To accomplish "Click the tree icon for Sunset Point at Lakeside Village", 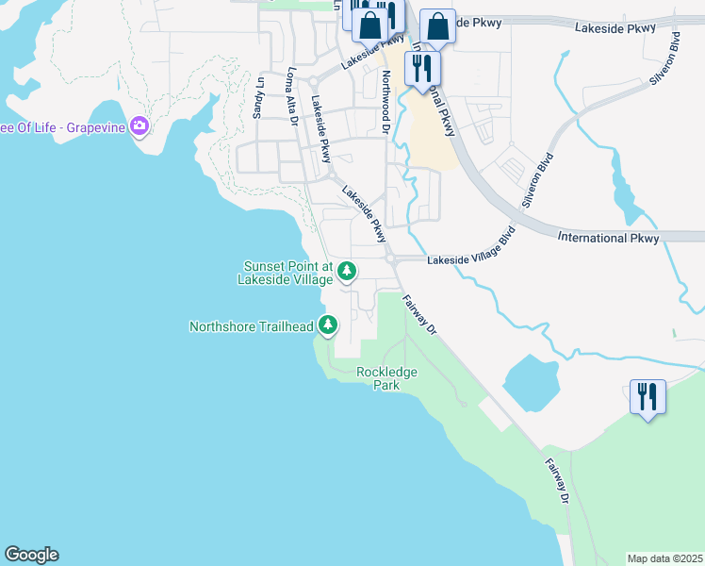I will [x=347, y=272].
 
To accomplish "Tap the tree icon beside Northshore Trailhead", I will [x=328, y=326].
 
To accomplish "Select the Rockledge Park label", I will [x=386, y=378].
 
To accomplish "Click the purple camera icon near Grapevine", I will [x=139, y=126].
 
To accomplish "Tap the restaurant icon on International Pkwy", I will [x=421, y=68].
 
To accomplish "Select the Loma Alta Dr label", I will [x=292, y=95].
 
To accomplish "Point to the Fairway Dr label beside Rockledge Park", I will [x=420, y=313].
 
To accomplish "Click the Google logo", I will [x=31, y=555].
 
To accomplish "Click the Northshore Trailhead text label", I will [x=251, y=327].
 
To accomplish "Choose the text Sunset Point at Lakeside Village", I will [x=288, y=273].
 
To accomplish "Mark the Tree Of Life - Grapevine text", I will [x=62, y=127].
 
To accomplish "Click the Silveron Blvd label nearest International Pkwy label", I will [x=533, y=180].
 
